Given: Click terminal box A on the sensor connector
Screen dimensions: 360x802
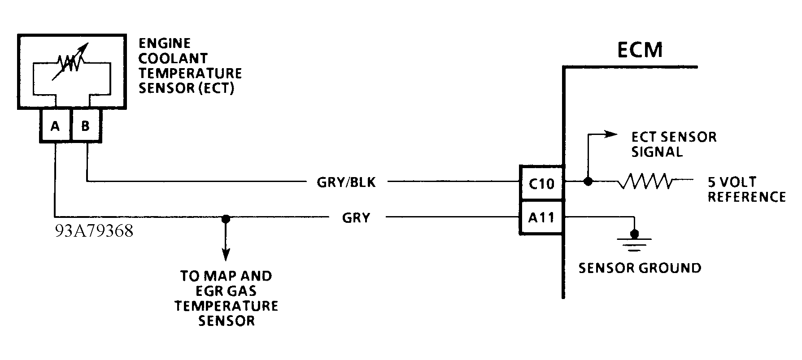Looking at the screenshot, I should pyautogui.click(x=55, y=126).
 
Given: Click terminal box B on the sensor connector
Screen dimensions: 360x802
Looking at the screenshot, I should pyautogui.click(x=86, y=126).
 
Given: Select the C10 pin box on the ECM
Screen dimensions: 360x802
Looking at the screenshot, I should pyautogui.click(x=541, y=183).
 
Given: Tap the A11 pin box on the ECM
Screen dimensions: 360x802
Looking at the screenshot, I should pyautogui.click(x=541, y=218).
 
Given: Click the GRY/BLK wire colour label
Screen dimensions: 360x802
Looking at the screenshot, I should pyautogui.click(x=346, y=182).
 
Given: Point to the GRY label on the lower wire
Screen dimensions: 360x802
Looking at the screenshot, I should pyautogui.click(x=356, y=218).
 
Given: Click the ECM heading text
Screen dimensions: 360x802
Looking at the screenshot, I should pyautogui.click(x=640, y=50).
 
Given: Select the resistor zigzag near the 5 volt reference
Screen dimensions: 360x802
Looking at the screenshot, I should pyautogui.click(x=645, y=182).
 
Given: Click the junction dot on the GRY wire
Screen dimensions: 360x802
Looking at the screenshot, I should pyautogui.click(x=226, y=219).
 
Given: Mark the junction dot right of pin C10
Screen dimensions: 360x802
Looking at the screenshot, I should pyautogui.click(x=588, y=182).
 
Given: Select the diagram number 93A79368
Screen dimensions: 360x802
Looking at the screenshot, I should pyautogui.click(x=94, y=232).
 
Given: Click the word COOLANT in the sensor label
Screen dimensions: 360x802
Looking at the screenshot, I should pyautogui.click(x=173, y=58).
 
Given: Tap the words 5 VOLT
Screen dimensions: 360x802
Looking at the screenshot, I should pyautogui.click(x=732, y=182).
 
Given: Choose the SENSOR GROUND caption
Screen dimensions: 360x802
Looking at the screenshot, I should pyautogui.click(x=640, y=268).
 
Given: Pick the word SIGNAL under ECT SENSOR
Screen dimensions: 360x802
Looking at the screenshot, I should pyautogui.click(x=657, y=152).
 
